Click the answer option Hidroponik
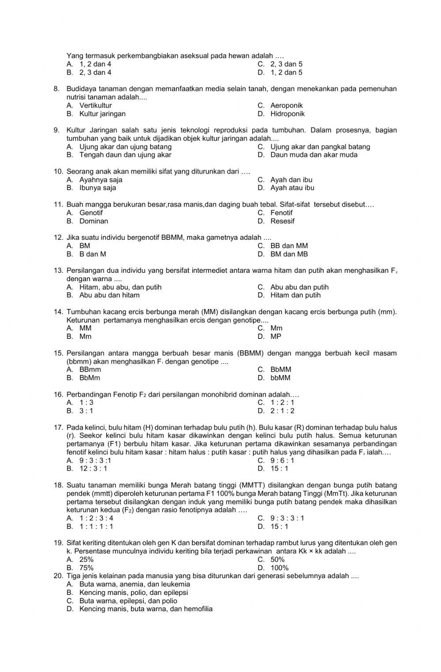coord(287,114)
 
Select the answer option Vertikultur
coord(95,105)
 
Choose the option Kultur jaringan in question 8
coord(102,114)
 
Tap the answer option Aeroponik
coord(286,105)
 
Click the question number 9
coord(57,130)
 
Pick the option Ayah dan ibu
coord(291,180)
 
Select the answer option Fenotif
coord(281,213)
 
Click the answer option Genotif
coord(91,213)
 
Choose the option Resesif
coord(282,221)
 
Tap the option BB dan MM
coord(289,246)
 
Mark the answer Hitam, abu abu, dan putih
coord(120,287)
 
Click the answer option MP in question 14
coord(276,337)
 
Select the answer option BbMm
coord(90,378)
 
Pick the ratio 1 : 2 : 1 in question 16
coord(282,403)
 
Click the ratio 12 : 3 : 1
coord(93,469)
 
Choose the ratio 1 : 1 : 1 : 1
coord(96,527)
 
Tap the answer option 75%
coord(86,568)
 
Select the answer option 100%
coord(279,568)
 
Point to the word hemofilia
coord(196,609)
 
